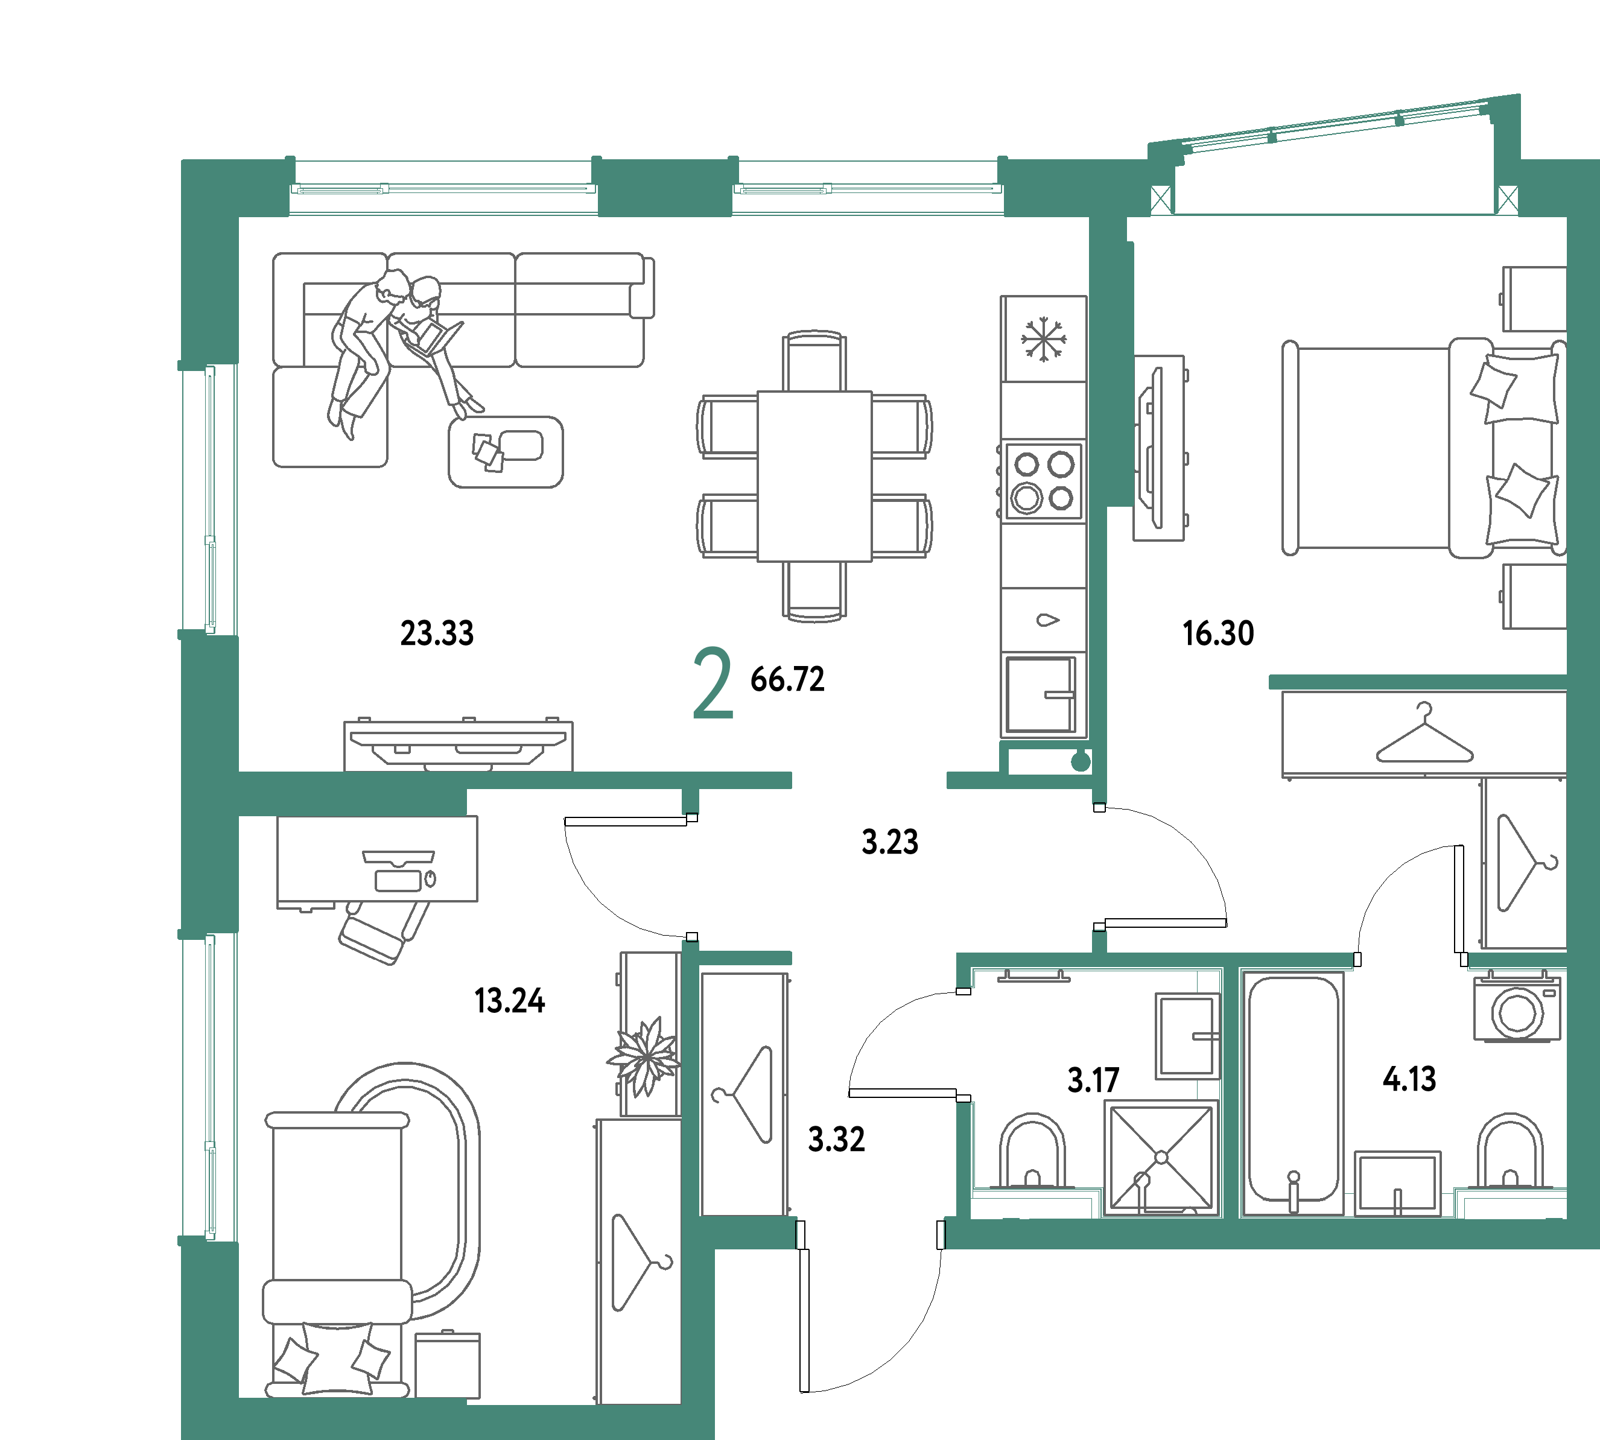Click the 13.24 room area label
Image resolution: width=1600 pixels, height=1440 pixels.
pos(510,1001)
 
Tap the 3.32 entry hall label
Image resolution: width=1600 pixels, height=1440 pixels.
pos(836,1140)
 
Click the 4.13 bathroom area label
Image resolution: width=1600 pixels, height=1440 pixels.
pos(1409,1079)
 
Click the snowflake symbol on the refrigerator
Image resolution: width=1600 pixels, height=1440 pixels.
pos(1043,340)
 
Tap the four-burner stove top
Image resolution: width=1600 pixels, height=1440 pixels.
pos(1043,481)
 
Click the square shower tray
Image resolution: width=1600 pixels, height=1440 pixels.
pos(1161,1158)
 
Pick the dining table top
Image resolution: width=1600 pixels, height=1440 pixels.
pos(814,477)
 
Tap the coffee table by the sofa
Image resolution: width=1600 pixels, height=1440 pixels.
pos(506,452)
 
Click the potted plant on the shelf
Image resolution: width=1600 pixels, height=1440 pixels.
pos(644,1056)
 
